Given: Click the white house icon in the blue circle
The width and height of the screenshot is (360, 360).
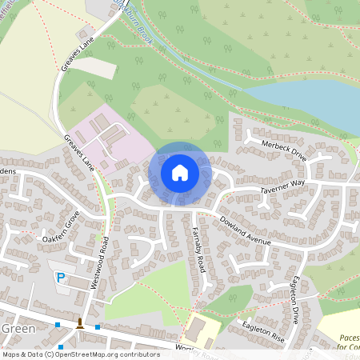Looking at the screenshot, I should pos(180,173).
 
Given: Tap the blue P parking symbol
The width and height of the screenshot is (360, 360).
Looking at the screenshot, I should pos(60,277).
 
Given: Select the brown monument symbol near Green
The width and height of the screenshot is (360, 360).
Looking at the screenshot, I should pos(79,323).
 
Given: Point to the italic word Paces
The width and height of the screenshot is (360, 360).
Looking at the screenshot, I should pos(347,338).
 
